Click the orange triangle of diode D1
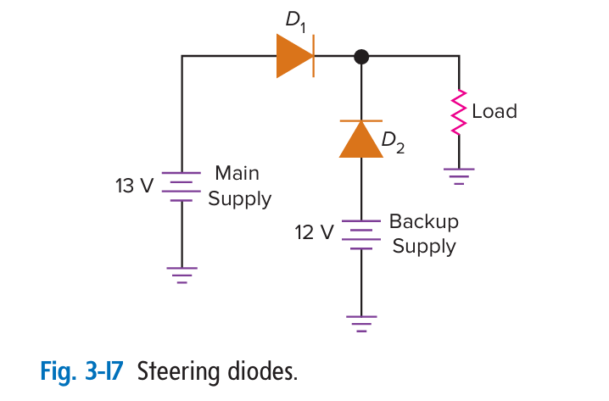point(294,56)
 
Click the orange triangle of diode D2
point(361,140)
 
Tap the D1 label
point(295,21)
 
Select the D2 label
point(393,142)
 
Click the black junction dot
point(361,57)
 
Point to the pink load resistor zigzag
point(459,113)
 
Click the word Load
point(494,111)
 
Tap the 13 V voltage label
point(134,186)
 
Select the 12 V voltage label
point(314,232)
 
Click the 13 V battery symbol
point(182,187)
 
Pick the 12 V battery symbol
point(361,235)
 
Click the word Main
point(237,173)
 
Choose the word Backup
point(424,221)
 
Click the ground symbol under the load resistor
point(459,176)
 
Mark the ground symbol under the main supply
point(182,276)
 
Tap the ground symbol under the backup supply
point(361,324)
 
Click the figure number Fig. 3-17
point(82,371)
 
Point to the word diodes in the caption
point(263,371)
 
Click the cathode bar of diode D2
point(361,121)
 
